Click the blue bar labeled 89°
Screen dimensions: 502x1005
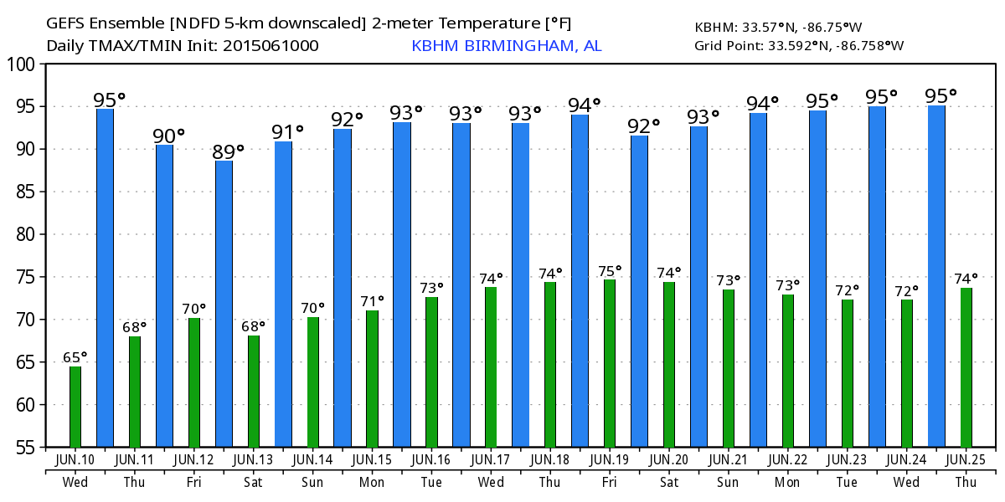(x=224, y=303)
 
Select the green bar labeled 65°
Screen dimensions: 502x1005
(x=75, y=407)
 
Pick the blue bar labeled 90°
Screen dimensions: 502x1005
(x=164, y=295)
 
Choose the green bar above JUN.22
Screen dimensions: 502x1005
(x=788, y=371)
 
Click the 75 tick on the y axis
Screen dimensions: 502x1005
(x=24, y=277)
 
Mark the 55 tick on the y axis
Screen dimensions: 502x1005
(x=24, y=448)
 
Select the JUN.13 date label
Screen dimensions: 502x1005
(x=254, y=459)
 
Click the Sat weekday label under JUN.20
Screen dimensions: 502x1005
(x=669, y=482)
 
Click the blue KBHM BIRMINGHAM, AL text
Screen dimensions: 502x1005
(x=506, y=45)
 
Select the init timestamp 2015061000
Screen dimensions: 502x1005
(x=270, y=45)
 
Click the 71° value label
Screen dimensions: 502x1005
(x=372, y=300)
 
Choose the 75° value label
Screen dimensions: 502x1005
(x=610, y=270)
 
